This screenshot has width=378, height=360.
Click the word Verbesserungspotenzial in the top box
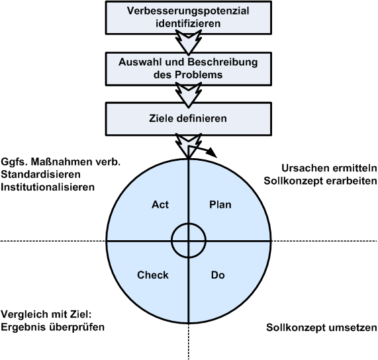click(x=188, y=11)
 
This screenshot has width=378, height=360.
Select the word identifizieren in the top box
click(x=188, y=24)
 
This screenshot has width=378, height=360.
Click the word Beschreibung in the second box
click(x=222, y=62)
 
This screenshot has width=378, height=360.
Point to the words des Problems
click(x=188, y=75)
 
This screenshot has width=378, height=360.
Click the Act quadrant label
click(x=160, y=205)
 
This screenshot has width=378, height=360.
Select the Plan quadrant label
click(x=220, y=205)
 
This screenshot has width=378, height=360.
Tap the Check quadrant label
click(x=153, y=275)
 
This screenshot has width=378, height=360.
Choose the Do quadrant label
click(x=218, y=275)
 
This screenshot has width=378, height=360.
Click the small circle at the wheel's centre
click(x=189, y=224)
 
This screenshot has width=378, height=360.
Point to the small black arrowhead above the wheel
click(x=212, y=152)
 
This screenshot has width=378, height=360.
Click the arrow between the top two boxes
click(x=189, y=42)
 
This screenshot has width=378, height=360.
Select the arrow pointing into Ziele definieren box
click(x=189, y=95)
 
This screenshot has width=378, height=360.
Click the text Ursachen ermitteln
click(x=329, y=168)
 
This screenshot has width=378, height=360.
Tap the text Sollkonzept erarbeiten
click(x=320, y=181)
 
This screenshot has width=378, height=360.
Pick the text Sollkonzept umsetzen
click(x=322, y=328)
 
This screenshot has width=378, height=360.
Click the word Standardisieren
click(x=40, y=175)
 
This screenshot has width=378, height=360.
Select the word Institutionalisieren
click(x=48, y=187)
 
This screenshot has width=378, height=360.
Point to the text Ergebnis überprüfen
click(x=52, y=327)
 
